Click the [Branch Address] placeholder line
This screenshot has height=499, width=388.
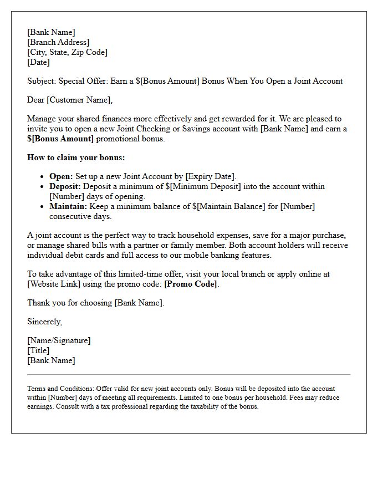pos(58,42)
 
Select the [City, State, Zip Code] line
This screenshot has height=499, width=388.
pos(67,52)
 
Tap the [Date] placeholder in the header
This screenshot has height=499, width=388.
pos(38,62)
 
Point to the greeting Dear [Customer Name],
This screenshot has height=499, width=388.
pos(70,100)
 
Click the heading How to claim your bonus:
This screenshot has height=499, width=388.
pos(76,157)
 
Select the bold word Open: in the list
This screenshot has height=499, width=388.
pos(61,177)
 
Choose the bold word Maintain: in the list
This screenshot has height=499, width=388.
pos(68,206)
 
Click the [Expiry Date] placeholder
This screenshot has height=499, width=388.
pos(211,177)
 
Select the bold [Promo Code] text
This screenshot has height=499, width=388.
pos(191,284)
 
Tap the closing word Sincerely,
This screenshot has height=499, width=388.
pos(45,322)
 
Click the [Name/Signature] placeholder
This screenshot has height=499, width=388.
pos(59,340)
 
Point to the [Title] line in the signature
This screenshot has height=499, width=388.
pos(38,350)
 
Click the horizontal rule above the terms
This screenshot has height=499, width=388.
pos(188,375)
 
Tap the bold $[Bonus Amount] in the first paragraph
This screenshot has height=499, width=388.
pos(60,139)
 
